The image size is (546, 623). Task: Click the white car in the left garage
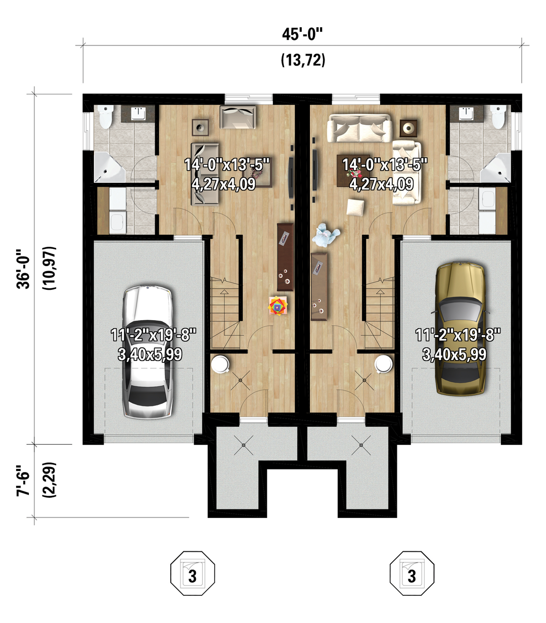[147, 351]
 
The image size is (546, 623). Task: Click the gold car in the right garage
[460, 329]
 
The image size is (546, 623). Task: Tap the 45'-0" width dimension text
[302, 34]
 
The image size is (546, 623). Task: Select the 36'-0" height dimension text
[23, 269]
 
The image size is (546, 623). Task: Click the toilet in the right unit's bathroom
[498, 117]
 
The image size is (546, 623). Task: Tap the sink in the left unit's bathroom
[138, 113]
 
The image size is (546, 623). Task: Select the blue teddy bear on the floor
[326, 235]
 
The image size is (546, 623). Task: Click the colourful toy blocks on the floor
[278, 306]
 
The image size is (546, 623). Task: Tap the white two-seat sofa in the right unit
[359, 128]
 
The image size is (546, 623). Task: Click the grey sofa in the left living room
[205, 174]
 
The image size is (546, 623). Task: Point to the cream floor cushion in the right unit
[355, 207]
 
